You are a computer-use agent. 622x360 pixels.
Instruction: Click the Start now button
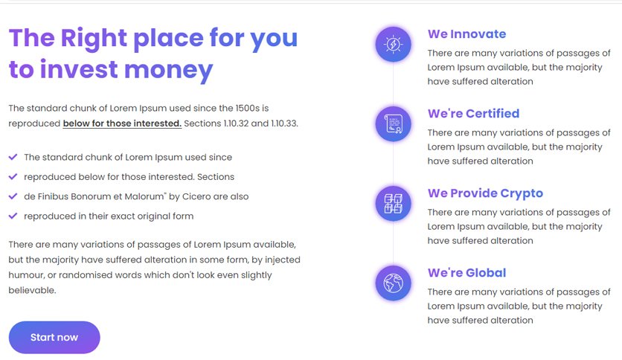tap(54, 337)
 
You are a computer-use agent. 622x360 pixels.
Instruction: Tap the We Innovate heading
tap(467, 34)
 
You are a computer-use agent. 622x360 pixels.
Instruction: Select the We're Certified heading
tap(473, 114)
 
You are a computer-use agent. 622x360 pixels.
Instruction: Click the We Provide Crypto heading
tap(485, 193)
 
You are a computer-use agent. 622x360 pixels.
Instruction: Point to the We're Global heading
tap(467, 273)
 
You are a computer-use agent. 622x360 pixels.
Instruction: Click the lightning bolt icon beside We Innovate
tap(393, 44)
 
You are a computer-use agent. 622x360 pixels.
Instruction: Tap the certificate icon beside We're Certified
tap(393, 123)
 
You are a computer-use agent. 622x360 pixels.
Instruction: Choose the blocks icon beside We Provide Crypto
tap(393, 203)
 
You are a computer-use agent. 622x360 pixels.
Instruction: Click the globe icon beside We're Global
tap(393, 283)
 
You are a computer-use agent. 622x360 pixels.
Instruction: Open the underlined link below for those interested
tap(122, 123)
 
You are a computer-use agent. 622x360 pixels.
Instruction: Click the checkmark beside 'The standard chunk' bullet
tap(13, 157)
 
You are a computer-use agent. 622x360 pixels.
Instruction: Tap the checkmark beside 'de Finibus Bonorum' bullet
tap(13, 196)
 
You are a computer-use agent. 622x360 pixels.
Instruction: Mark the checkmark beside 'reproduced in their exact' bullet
tap(13, 216)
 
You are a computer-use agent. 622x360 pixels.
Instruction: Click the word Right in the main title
tap(94, 39)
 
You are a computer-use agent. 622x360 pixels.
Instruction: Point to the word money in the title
tap(169, 71)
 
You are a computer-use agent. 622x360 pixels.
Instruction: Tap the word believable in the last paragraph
tap(32, 290)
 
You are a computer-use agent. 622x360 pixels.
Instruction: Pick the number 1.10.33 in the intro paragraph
tap(284, 123)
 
